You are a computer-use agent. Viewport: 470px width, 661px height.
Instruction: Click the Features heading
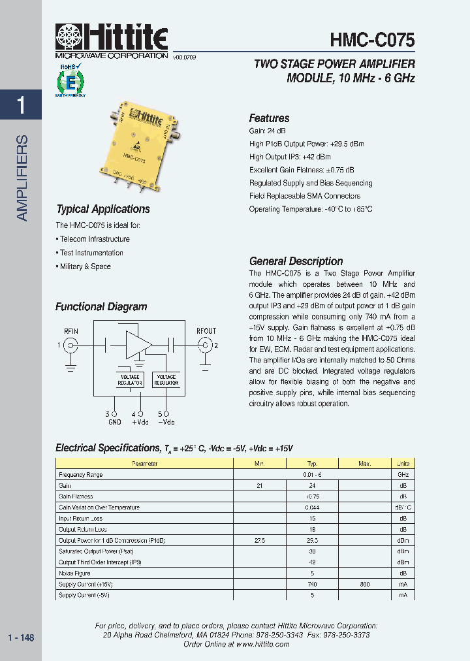[269, 118]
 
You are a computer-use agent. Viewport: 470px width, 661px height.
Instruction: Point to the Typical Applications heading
[103, 209]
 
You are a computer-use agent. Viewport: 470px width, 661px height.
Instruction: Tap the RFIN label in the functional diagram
[70, 331]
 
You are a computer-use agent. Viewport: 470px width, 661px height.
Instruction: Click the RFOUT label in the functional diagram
[206, 331]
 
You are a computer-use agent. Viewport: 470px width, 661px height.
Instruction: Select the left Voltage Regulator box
[130, 379]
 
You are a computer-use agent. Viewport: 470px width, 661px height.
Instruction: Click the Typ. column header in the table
[312, 463]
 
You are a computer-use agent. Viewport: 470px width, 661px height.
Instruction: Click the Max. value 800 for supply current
[364, 584]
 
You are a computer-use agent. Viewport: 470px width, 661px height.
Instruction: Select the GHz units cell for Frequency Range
[403, 474]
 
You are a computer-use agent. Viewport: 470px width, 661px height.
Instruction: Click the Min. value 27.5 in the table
[259, 540]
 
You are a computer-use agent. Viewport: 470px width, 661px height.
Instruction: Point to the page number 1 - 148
[21, 637]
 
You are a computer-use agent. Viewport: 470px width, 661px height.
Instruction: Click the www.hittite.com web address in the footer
[262, 644]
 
